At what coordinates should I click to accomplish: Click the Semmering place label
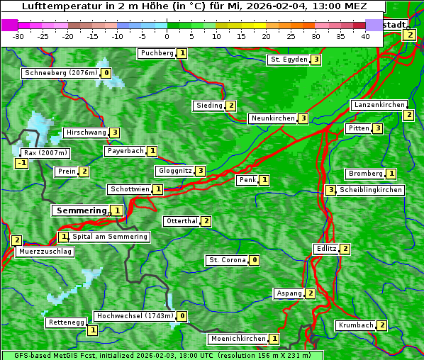click(x=80, y=210)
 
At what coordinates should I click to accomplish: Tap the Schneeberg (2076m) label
click(x=60, y=73)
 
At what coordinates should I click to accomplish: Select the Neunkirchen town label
click(x=272, y=118)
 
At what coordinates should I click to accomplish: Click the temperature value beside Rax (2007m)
click(x=22, y=163)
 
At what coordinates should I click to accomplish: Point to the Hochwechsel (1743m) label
click(x=134, y=316)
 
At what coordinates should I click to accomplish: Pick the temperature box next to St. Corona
click(x=255, y=260)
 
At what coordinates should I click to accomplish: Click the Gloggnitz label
click(x=174, y=171)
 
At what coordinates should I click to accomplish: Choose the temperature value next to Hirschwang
click(x=114, y=133)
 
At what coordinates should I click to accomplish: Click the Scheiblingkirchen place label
click(x=371, y=190)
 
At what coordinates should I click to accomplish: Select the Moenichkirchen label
click(x=239, y=339)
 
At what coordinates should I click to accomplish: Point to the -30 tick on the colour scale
click(x=19, y=35)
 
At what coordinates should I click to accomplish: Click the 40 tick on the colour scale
click(x=366, y=35)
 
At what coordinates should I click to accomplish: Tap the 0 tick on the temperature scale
click(x=167, y=35)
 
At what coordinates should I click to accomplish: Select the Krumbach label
click(x=356, y=325)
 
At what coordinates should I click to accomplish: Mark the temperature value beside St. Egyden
click(x=316, y=60)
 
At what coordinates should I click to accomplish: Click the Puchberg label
click(x=157, y=53)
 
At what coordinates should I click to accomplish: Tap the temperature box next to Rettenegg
click(x=92, y=330)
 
